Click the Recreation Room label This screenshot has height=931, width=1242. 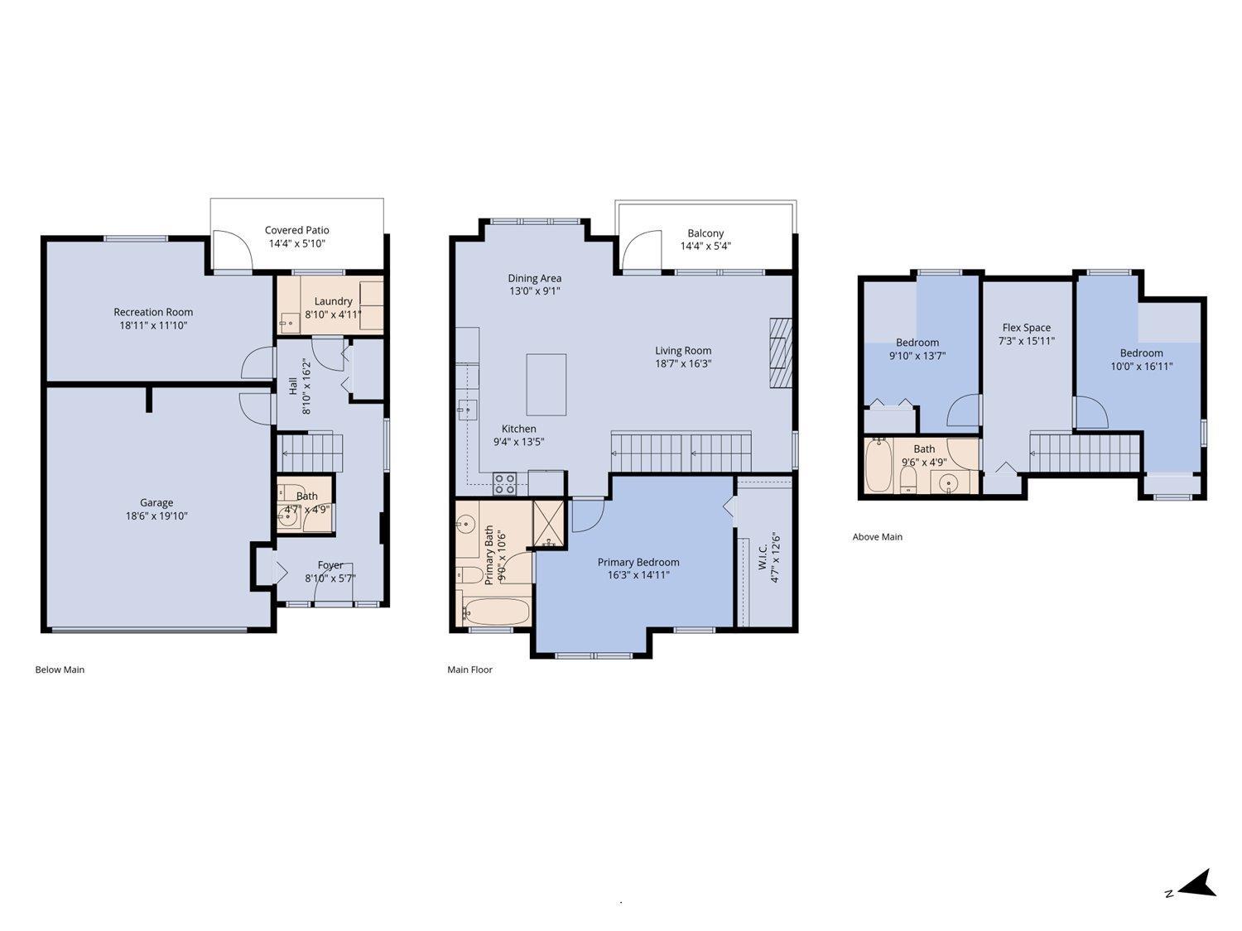click(153, 312)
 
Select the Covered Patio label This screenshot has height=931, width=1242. click(296, 230)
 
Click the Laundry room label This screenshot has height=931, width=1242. click(333, 301)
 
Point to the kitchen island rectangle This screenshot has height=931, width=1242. click(546, 385)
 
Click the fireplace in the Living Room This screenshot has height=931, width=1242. click(780, 352)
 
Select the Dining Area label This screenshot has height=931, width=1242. click(534, 278)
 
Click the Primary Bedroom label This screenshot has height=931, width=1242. click(638, 562)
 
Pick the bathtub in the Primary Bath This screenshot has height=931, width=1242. click(495, 612)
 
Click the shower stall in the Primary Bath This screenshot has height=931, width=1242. click(548, 525)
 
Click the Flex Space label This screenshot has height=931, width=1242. click(1026, 327)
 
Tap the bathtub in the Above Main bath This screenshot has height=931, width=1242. click(879, 466)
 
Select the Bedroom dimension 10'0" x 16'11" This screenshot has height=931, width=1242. click(1141, 366)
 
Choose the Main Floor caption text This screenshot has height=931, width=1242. click(469, 669)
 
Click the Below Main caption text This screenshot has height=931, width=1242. click(60, 669)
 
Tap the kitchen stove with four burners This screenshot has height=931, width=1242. click(505, 482)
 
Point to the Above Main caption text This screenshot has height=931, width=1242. click(877, 536)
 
